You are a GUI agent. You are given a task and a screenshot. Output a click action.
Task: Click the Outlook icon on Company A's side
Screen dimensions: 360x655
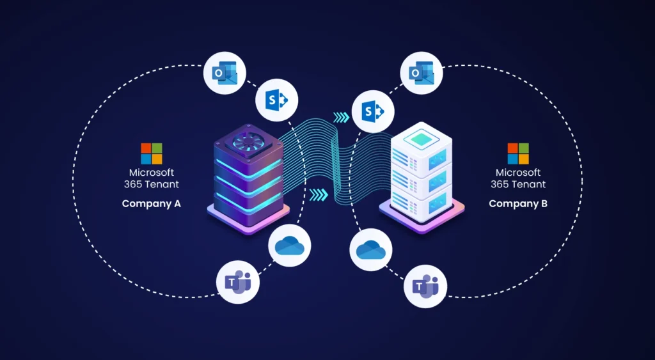(225, 74)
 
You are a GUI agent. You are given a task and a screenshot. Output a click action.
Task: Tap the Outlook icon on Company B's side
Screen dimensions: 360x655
(421, 74)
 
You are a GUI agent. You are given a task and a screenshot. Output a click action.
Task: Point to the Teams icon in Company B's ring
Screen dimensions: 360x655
(425, 286)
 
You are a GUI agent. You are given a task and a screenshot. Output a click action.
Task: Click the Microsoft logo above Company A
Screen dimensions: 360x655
(152, 153)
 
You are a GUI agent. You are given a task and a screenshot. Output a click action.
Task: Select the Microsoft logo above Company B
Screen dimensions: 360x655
(518, 153)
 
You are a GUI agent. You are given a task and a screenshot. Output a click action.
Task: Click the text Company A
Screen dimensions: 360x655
(152, 204)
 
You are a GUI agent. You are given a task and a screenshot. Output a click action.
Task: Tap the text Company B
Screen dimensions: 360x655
(518, 204)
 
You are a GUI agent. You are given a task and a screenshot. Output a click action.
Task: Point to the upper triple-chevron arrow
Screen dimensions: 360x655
(342, 117)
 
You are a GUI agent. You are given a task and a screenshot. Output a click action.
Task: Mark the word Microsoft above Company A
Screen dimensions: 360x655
(152, 173)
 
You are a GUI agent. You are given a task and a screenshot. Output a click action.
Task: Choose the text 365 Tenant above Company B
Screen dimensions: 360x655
(518, 184)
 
